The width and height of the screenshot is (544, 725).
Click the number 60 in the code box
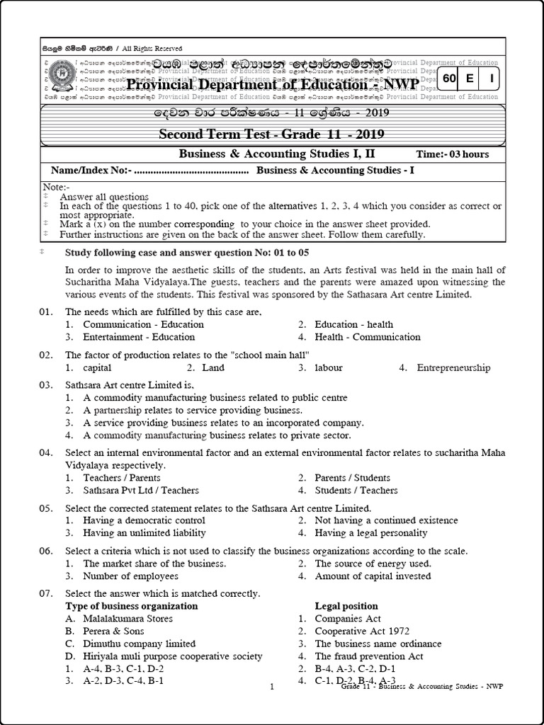(449, 79)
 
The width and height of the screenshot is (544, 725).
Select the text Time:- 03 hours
(453, 154)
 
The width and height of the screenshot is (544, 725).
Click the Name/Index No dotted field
(190, 171)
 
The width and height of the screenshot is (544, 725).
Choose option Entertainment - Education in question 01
(128, 337)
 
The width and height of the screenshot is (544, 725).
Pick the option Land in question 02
(212, 367)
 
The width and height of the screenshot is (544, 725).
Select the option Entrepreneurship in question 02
(453, 367)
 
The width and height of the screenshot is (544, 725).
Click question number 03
(46, 385)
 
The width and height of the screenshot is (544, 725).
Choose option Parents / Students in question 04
(352, 477)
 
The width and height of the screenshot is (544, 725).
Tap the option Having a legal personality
(370, 532)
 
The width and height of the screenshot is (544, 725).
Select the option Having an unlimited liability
(144, 532)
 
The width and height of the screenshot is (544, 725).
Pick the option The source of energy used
(372, 564)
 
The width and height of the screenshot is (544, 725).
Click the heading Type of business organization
(132, 606)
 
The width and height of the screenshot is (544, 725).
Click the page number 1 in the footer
(272, 686)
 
